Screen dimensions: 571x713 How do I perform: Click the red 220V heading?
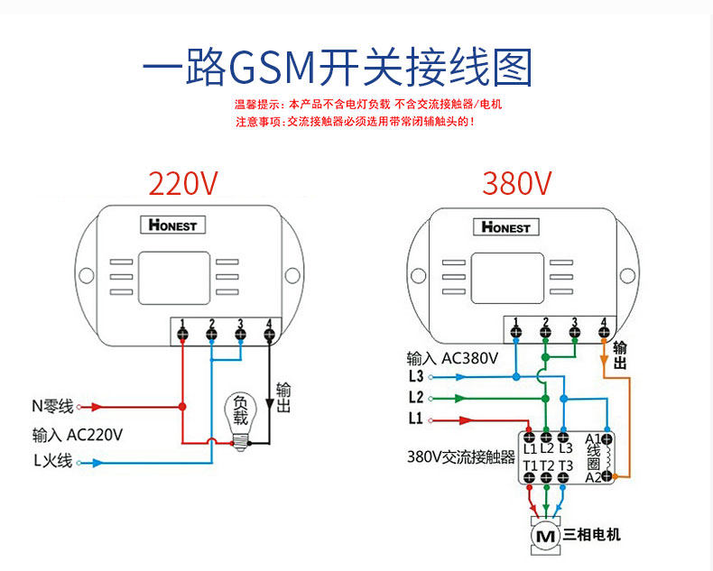point(183,183)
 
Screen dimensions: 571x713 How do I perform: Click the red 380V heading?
point(516,183)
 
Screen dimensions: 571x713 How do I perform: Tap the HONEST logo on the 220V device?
point(173,225)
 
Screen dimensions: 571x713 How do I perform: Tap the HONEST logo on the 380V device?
point(506,226)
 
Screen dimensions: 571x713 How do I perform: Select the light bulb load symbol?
point(240,419)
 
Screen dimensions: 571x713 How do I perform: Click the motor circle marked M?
point(545,536)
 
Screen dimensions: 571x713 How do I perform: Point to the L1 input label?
point(415,419)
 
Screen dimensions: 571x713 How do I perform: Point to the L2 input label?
point(415,397)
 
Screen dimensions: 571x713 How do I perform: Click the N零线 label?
point(52,406)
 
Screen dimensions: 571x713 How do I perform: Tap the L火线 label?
point(52,462)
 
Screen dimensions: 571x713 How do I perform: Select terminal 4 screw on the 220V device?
point(269,336)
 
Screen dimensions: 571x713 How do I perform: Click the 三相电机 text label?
point(592,535)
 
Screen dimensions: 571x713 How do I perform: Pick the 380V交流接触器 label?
point(460,457)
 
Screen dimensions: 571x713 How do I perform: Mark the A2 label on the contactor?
point(593,477)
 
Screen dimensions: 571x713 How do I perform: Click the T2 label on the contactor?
point(547,465)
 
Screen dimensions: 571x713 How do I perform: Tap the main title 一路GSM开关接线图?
point(338,67)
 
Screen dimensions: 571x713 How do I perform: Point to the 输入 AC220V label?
point(78,434)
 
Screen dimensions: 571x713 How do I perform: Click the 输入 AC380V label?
point(452,357)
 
